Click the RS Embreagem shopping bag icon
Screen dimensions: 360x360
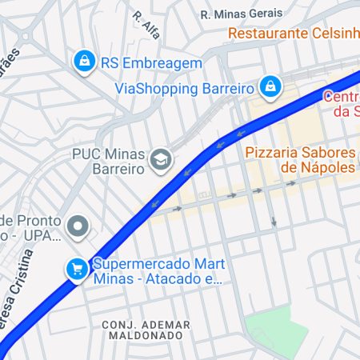coord(84,60)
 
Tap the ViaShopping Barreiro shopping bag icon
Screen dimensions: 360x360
coord(271,86)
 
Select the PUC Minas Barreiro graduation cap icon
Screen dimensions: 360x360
coord(161,160)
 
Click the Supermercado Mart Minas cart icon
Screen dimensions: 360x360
coord(77,269)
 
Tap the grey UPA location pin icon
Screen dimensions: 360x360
coord(78,227)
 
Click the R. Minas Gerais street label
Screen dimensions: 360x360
coord(241,14)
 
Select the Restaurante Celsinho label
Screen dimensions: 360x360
coord(293,34)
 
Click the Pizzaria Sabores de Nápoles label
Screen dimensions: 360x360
coord(299,159)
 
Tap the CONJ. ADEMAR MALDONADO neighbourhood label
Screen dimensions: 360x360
coord(146,330)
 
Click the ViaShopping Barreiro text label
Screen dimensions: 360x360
coord(185,88)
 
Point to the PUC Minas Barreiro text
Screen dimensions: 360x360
coord(108,161)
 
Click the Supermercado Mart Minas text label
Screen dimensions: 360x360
coord(158,271)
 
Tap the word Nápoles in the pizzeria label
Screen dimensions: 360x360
coord(328,167)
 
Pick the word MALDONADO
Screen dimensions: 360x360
coord(147,336)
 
